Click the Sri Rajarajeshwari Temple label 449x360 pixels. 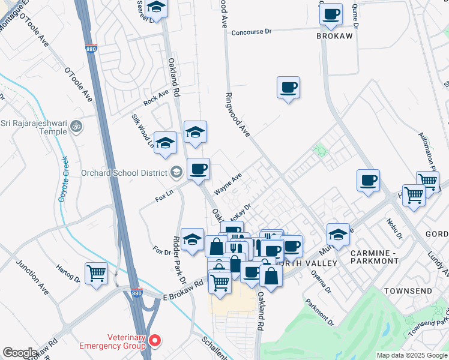pyautogui.click(x=34, y=127)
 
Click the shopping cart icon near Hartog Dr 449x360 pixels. pyautogui.click(x=97, y=273)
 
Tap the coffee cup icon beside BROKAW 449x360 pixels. pyautogui.click(x=331, y=14)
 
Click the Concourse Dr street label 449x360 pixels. pyautogui.click(x=256, y=32)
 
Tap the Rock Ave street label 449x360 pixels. pyautogui.click(x=155, y=96)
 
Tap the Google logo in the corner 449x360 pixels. pyautogui.click(x=20, y=353)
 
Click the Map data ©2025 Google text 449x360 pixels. pyautogui.click(x=412, y=355)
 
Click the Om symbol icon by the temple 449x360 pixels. pyautogui.click(x=76, y=127)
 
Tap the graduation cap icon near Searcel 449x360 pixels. pyautogui.click(x=156, y=8)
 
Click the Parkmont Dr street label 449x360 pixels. pyautogui.click(x=319, y=310)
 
